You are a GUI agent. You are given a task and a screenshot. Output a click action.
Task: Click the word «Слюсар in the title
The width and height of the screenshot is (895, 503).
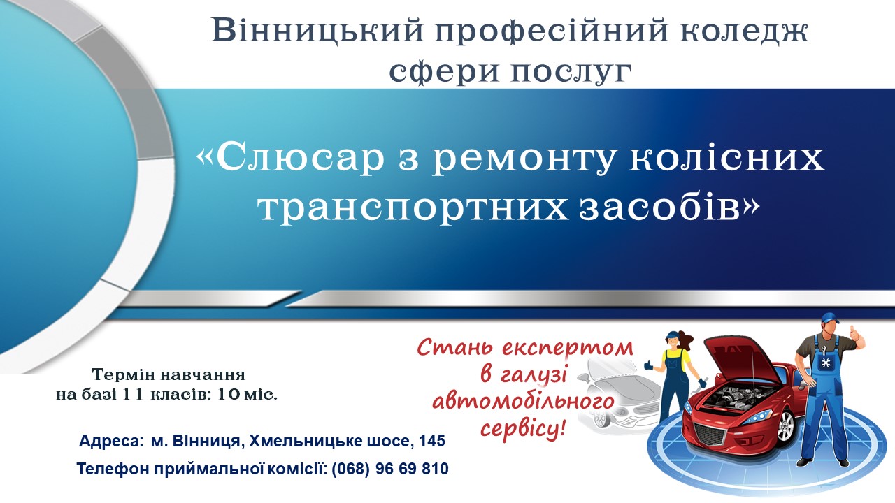click(x=290, y=159)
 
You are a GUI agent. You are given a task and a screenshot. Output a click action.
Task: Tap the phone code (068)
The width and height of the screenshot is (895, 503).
click(x=351, y=469)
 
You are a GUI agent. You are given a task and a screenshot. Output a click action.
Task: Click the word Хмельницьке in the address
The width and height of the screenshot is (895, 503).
click(x=305, y=441)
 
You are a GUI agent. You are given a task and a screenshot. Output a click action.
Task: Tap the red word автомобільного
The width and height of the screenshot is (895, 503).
click(x=523, y=402)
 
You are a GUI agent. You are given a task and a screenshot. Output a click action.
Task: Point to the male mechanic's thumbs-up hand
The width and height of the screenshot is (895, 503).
click(x=854, y=336)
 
